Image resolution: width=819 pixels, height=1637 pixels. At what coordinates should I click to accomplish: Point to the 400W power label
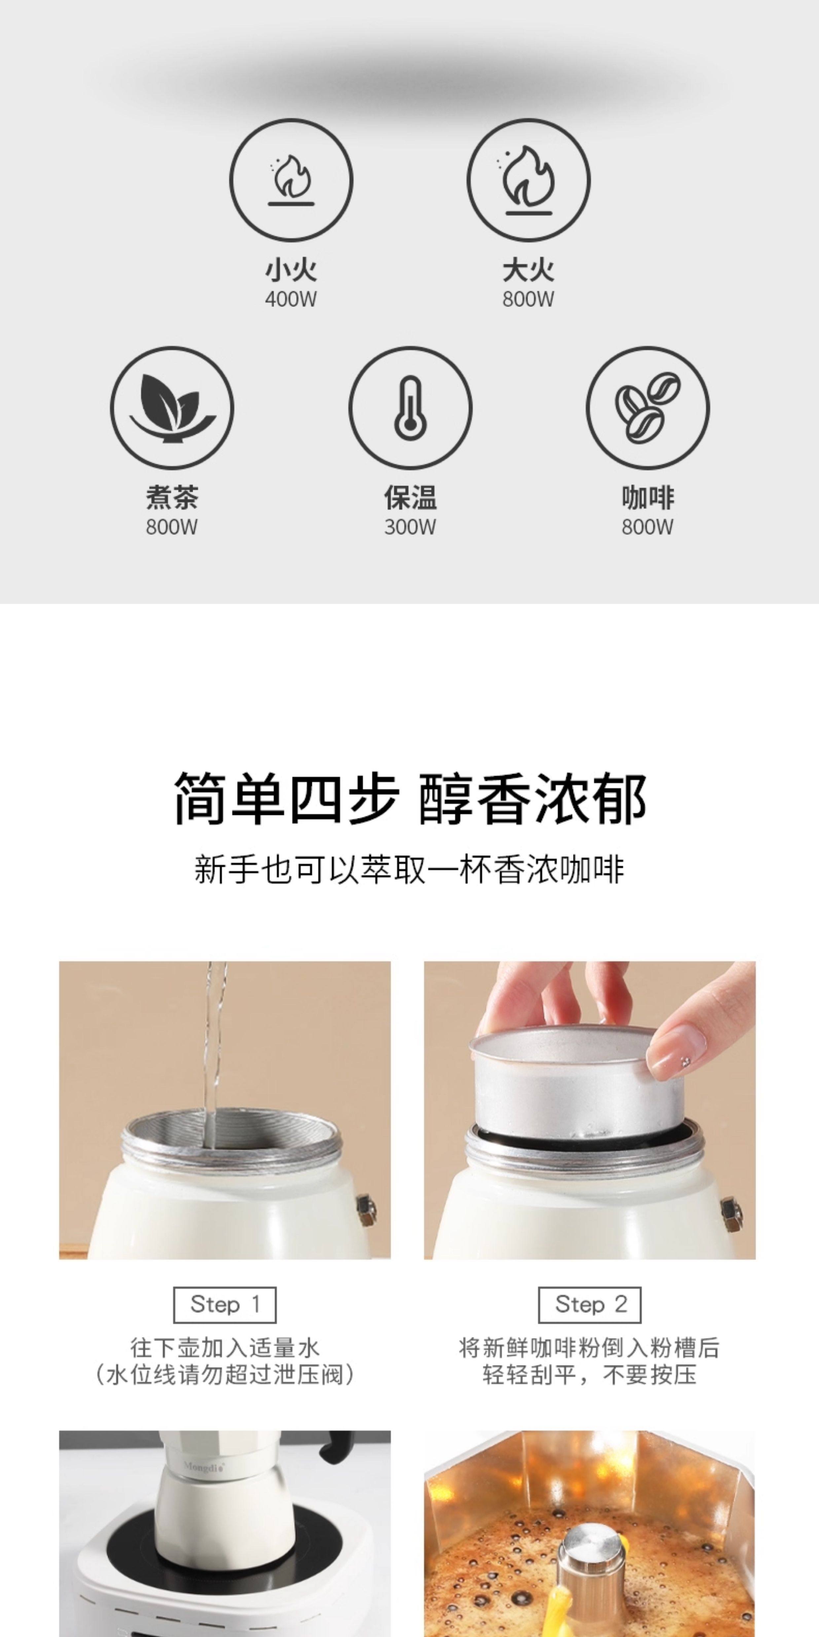click(x=291, y=299)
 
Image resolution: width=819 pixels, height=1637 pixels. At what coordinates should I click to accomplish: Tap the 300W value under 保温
click(x=410, y=527)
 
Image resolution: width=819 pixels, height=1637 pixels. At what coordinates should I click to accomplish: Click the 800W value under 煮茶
click(x=172, y=527)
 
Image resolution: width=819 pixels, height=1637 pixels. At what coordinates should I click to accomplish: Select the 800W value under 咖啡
click(x=647, y=527)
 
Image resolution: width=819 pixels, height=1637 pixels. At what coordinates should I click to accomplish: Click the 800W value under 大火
click(x=528, y=299)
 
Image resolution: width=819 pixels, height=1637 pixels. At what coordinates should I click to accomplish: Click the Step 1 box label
click(x=225, y=1305)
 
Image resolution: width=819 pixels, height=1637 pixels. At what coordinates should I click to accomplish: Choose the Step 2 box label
click(x=590, y=1305)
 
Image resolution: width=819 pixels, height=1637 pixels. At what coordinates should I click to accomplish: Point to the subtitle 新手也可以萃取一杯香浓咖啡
click(x=409, y=869)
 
